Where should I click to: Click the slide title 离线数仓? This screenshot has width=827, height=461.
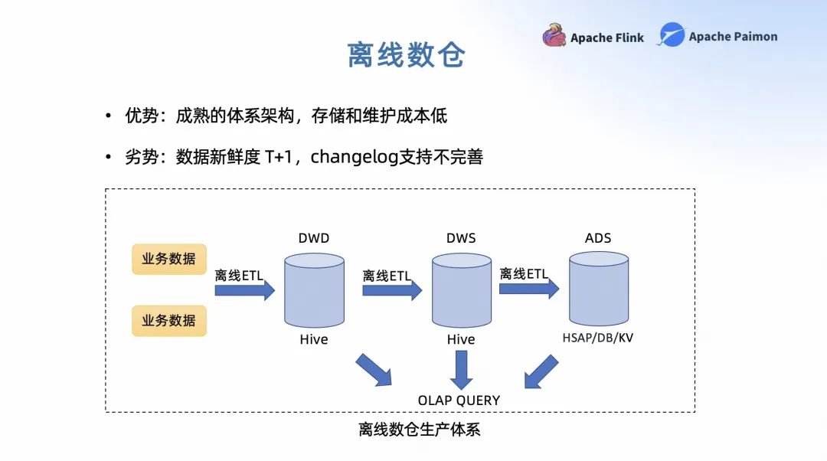pos(406,55)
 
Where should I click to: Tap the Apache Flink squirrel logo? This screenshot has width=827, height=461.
pos(554,36)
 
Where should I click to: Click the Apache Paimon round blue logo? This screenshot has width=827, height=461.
pos(672,35)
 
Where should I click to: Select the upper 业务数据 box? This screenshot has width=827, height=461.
pos(168,259)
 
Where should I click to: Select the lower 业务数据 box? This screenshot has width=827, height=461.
pos(168,320)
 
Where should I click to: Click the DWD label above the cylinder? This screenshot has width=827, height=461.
pos(314,238)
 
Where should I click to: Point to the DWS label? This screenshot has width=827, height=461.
pos(461,238)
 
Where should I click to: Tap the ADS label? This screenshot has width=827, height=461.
pos(598,238)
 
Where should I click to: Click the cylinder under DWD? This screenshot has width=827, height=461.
pos(314,291)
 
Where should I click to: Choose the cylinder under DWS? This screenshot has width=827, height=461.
pos(461,291)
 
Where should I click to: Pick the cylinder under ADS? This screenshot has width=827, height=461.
pos(598,289)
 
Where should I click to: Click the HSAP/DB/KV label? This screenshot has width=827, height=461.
pos(598,338)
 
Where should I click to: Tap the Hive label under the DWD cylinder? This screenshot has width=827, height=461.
pos(314,339)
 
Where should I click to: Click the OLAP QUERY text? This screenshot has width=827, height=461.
pos(459,400)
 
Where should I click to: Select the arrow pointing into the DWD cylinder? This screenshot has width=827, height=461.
pos(244,290)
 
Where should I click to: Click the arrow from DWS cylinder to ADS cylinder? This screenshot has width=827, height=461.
pos(529,289)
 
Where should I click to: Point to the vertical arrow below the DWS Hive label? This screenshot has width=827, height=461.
pos(461,370)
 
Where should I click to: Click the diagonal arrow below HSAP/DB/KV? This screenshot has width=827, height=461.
pos(541,371)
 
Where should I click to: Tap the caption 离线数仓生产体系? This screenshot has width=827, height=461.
pos(419,430)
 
